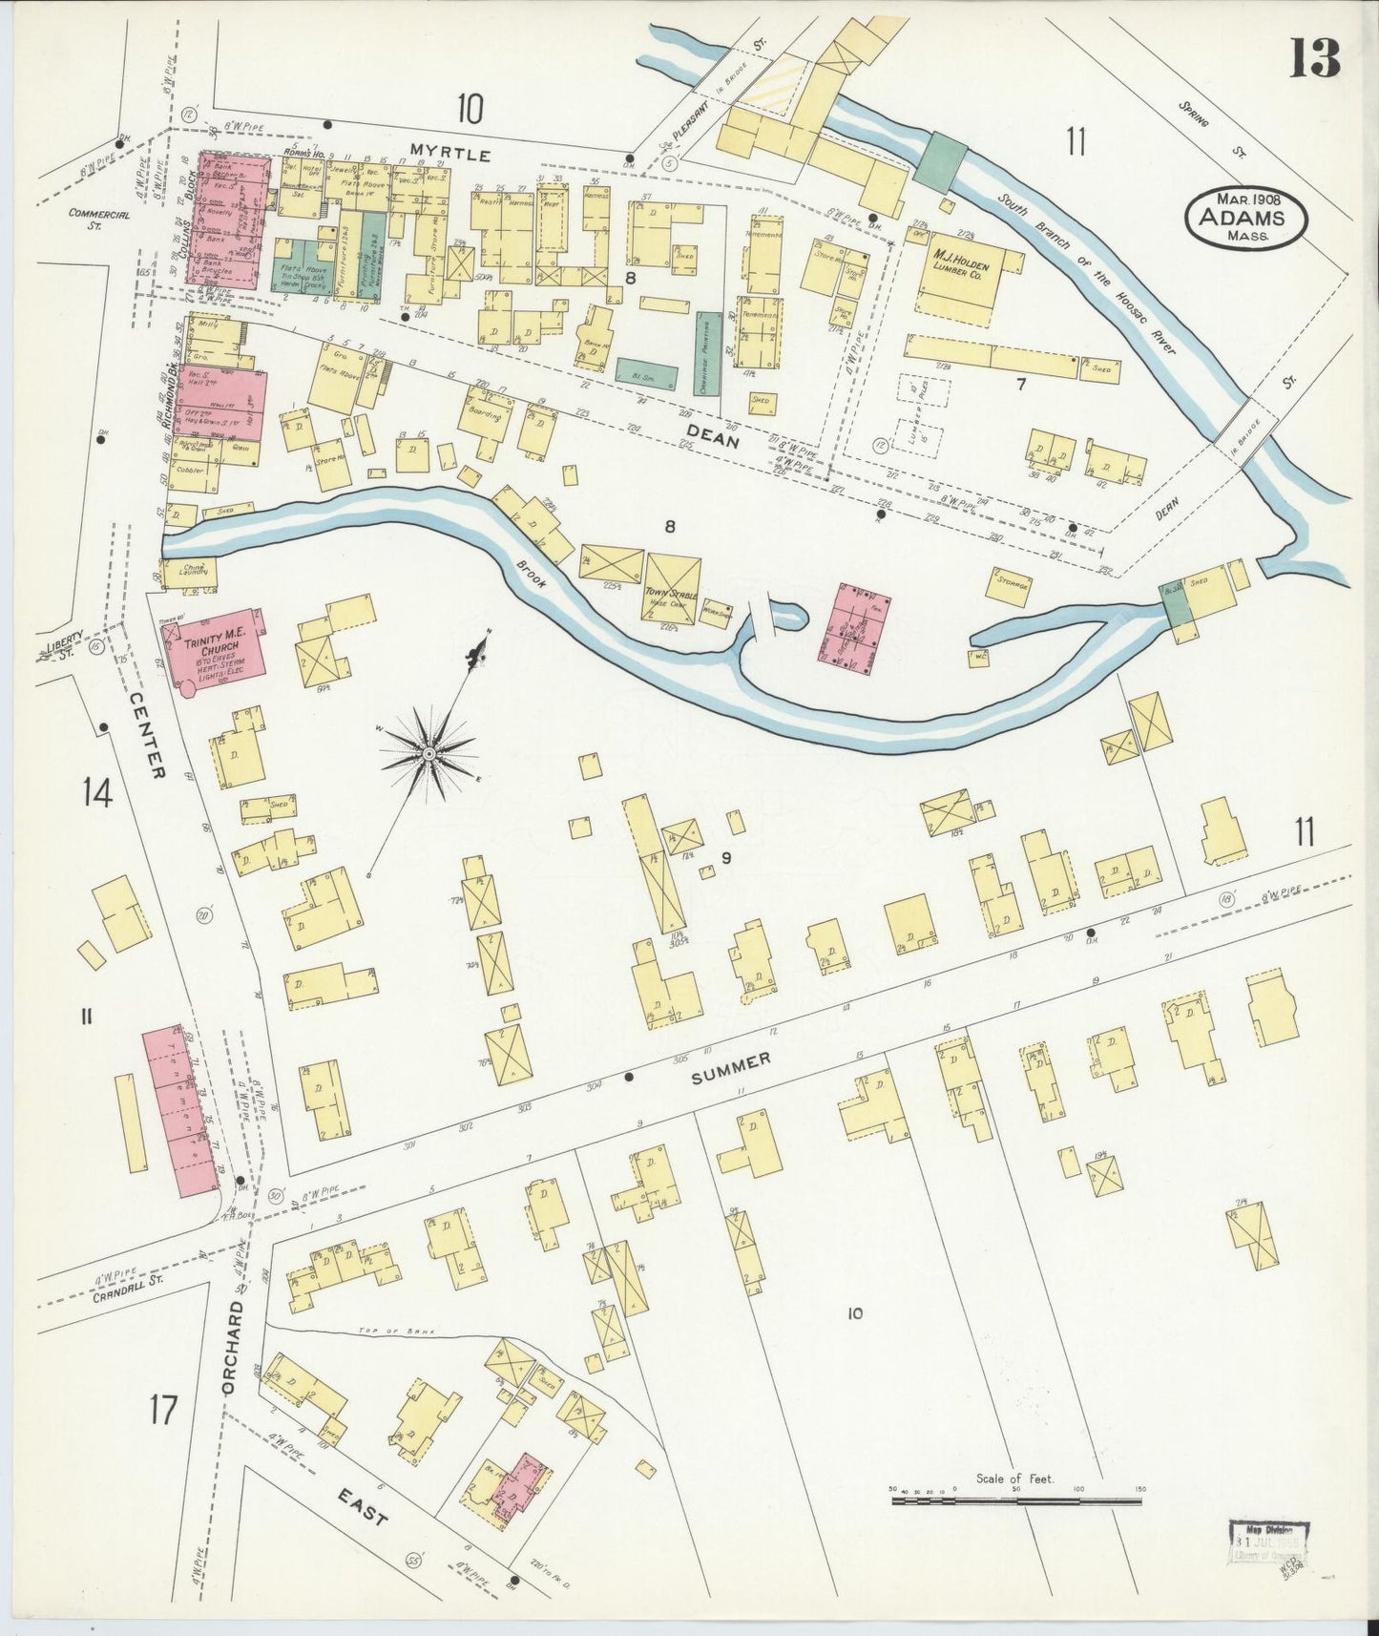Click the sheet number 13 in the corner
click(1315, 59)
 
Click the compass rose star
click(429, 754)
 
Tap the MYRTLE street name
click(450, 153)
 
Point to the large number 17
click(163, 1409)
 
